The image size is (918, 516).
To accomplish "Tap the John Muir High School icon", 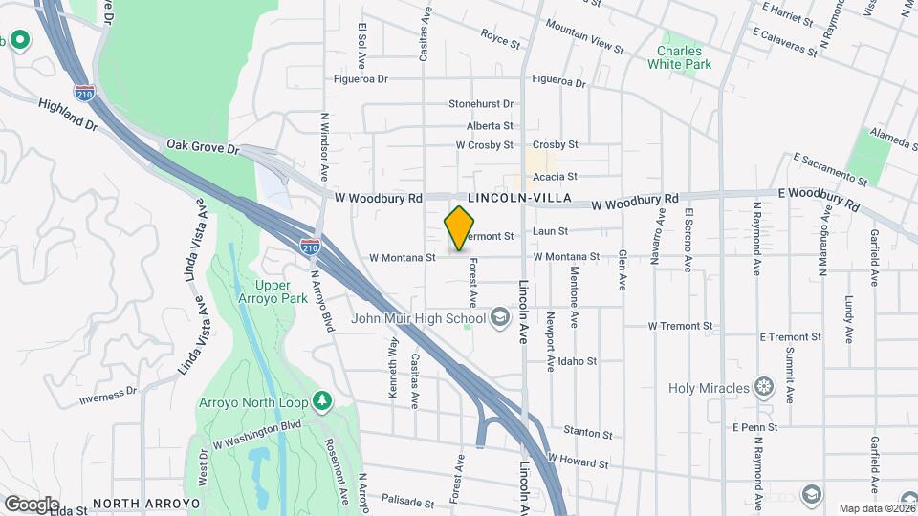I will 499,318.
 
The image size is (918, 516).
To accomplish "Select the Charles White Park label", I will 680,57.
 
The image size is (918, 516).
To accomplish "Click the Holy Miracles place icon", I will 763,387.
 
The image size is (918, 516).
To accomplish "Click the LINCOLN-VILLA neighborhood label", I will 527,198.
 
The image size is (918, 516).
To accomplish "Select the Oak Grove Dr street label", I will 201,145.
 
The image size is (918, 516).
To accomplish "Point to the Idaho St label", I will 578,362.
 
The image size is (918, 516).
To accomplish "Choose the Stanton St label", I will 587,434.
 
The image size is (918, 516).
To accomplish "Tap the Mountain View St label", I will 584,41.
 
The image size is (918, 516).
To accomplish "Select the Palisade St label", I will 408,500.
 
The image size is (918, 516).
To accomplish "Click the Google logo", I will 31,504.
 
